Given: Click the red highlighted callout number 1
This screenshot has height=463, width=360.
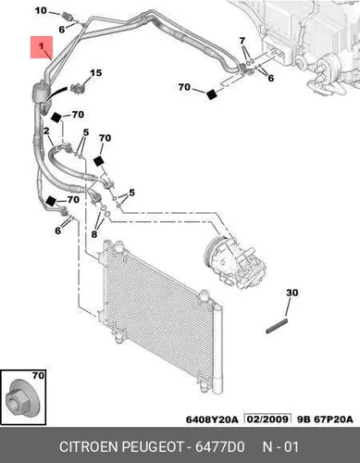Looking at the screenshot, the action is click(x=41, y=46).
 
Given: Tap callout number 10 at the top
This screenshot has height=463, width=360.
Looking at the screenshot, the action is click(x=41, y=10).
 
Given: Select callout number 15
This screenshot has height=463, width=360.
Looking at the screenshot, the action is click(x=95, y=73).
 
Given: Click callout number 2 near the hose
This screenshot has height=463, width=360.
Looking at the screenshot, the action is click(x=46, y=131).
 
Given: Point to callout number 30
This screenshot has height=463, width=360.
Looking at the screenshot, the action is click(x=292, y=293).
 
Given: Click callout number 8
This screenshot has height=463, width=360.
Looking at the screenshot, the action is click(x=94, y=234).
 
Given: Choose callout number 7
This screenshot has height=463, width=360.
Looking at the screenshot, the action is click(x=242, y=41).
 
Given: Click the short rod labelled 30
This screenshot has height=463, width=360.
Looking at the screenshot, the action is click(x=277, y=326).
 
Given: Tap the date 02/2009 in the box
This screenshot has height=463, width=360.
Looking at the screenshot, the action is click(x=267, y=419).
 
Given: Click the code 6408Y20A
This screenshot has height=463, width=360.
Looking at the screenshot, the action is click(x=212, y=419).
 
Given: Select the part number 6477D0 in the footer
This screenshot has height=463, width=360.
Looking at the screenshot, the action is click(x=220, y=446).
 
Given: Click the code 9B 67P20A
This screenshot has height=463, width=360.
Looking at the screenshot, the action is click(x=325, y=419).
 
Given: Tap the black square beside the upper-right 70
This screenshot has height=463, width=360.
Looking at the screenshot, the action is click(x=212, y=94).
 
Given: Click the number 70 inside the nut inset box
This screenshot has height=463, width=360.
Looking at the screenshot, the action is click(x=38, y=376).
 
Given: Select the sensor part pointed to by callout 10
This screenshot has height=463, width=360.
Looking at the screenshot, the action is click(x=68, y=16).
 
